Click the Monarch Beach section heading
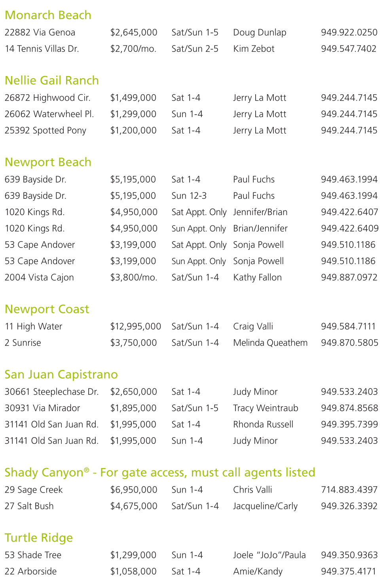(x=48, y=15)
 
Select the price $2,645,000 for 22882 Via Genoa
(x=134, y=32)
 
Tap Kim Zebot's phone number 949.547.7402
(x=349, y=49)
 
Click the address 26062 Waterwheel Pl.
(x=49, y=114)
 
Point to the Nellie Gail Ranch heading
(x=51, y=80)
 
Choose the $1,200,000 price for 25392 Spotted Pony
(x=133, y=130)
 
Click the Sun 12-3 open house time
(x=189, y=196)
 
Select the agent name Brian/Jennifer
(x=260, y=228)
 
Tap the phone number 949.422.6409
(x=350, y=228)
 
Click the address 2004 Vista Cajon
(x=39, y=278)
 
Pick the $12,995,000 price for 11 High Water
(x=136, y=327)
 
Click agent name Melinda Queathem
(x=270, y=343)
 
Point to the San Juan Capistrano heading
(x=61, y=375)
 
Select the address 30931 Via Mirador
(x=42, y=408)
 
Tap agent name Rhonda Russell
(x=263, y=424)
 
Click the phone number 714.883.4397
(x=349, y=490)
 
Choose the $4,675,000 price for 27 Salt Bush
(x=134, y=506)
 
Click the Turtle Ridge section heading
(x=39, y=538)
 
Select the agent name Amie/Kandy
(x=258, y=571)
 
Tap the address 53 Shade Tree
(x=33, y=555)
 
